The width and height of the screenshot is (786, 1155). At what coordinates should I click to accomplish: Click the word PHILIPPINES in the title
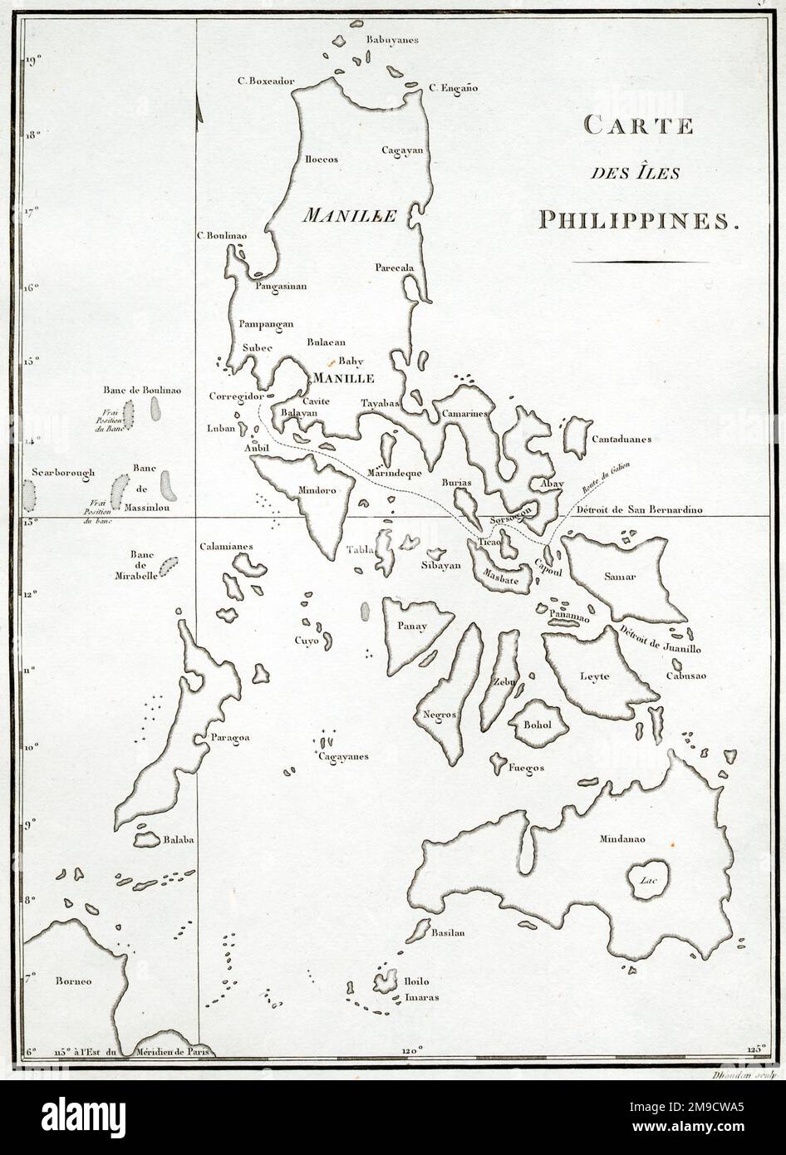(x=638, y=220)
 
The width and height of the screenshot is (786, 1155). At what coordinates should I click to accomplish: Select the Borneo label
(x=73, y=981)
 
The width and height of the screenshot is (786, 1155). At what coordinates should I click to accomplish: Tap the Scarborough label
(x=63, y=472)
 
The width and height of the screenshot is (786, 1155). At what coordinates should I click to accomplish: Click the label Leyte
(x=595, y=676)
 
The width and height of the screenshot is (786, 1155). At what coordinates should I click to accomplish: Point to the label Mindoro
(x=317, y=490)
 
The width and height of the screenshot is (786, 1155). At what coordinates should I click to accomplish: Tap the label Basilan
(x=446, y=933)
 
